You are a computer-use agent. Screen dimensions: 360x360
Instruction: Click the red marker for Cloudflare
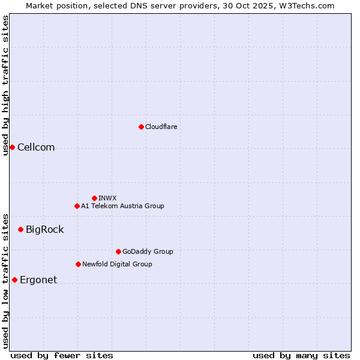coord(141,127)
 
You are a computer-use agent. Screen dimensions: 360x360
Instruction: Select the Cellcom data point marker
coord(12,147)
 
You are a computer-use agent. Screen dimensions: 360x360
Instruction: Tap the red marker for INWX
coord(94,198)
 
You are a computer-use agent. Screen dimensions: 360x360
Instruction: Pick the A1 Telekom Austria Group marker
coord(77,206)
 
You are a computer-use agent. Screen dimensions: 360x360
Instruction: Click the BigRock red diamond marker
coord(20,229)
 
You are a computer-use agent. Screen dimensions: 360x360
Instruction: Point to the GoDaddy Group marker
coord(118,251)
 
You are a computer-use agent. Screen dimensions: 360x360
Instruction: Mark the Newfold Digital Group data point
coord(78,264)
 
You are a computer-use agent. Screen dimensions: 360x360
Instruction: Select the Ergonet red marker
coord(14,280)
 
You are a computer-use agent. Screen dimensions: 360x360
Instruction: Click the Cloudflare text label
coord(161,127)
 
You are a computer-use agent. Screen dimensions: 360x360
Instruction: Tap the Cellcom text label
coord(36,148)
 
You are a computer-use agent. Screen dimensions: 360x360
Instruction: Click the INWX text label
coord(107,198)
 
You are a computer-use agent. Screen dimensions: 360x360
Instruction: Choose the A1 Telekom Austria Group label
coord(122,206)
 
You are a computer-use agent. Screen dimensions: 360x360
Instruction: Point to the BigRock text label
coord(44,230)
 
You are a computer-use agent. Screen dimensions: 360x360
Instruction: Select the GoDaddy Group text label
coord(148,251)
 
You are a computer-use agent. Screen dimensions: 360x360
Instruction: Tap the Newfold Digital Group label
coord(117,264)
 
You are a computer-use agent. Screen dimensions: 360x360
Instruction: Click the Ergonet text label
coord(38,280)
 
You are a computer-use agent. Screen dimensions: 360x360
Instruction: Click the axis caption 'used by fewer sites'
coord(62,355)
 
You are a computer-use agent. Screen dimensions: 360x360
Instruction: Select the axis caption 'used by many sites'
coord(301,355)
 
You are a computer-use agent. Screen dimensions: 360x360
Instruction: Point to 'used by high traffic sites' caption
coord(5,85)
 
